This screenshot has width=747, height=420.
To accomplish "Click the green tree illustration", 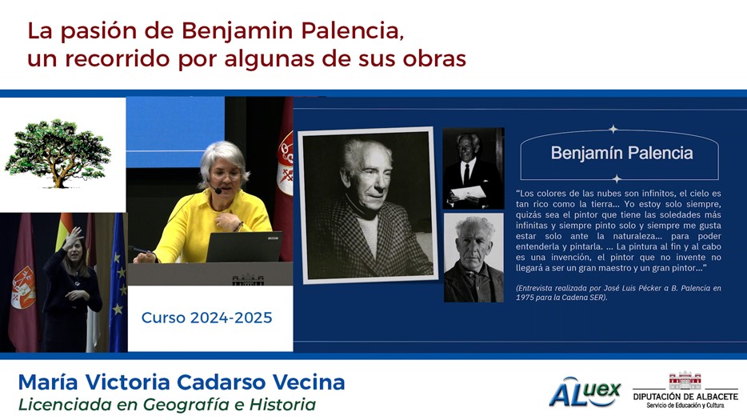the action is pyautogui.click(x=58, y=153).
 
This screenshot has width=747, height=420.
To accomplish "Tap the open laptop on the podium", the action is pyautogui.click(x=244, y=247).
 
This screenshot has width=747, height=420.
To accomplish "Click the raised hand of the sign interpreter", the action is pyautogui.click(x=74, y=237).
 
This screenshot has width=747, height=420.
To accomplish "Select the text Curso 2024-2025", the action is pyautogui.click(x=207, y=318).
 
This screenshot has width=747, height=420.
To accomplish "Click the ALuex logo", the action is pyautogui.click(x=585, y=392).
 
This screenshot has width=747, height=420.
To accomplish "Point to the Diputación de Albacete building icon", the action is pyautogui.click(x=685, y=381).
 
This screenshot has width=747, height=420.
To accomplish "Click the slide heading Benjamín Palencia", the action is pyautogui.click(x=621, y=153).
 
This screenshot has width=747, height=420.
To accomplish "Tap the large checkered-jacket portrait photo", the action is pyautogui.click(x=368, y=205).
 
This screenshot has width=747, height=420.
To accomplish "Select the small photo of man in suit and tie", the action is pyautogui.click(x=473, y=168).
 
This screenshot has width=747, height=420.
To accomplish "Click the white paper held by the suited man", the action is pyautogui.click(x=468, y=193).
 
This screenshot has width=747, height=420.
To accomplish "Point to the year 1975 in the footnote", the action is pyautogui.click(x=524, y=298).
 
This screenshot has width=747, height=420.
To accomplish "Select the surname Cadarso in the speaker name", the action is pyautogui.click(x=221, y=382).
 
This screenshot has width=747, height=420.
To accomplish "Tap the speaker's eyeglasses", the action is pyautogui.click(x=225, y=176).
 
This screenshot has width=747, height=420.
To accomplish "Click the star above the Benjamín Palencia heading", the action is pyautogui.click(x=613, y=129).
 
